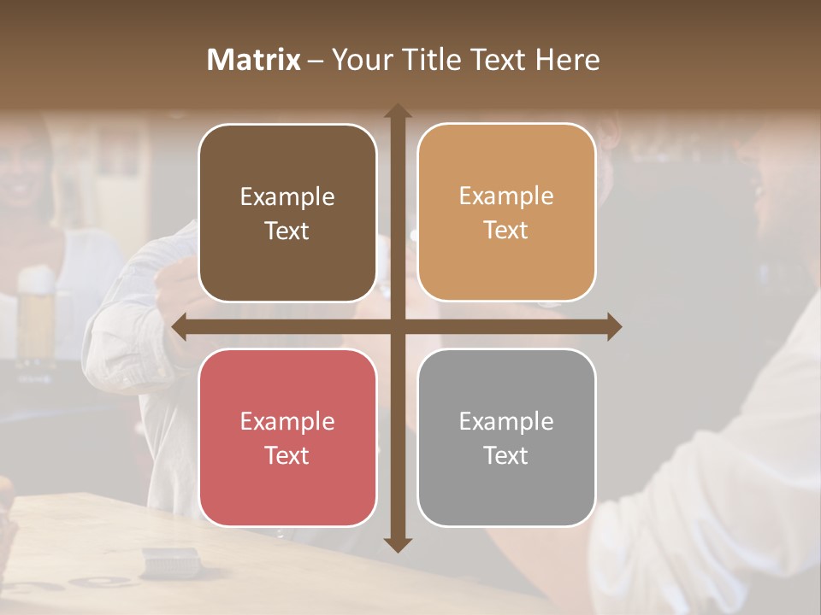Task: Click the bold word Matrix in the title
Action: pos(254,60)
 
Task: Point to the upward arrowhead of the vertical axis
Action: pos(398,112)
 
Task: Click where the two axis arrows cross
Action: pos(398,327)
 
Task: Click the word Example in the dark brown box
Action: pos(287,197)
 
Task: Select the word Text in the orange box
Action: pos(506,230)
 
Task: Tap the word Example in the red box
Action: pos(287,422)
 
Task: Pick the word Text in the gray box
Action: pos(506,455)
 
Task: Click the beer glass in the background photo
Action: pos(36,316)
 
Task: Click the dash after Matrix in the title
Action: pos(316,61)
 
